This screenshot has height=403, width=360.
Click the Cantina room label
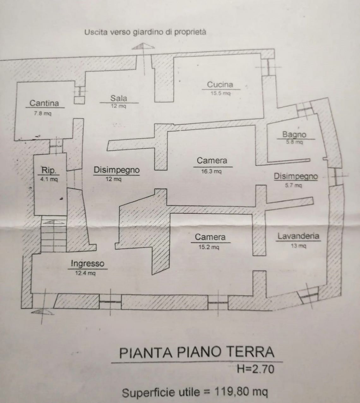(44, 103)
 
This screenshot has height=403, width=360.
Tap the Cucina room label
(220, 84)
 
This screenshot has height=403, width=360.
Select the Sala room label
(119, 98)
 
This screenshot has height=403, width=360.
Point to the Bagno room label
(294, 134)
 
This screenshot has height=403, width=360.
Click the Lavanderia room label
(298, 236)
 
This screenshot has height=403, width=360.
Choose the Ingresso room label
(87, 263)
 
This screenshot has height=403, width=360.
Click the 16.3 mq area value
(211, 171)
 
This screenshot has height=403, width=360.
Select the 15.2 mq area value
(208, 247)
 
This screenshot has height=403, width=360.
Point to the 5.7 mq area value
(293, 186)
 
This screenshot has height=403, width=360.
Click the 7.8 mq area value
(42, 113)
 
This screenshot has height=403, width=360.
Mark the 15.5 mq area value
(221, 94)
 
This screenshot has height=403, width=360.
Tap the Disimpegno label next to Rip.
(117, 170)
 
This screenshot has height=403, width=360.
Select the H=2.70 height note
(255, 369)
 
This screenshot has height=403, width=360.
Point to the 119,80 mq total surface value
(241, 392)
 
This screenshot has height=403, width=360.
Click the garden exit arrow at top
(143, 46)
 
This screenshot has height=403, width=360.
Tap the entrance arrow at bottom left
(43, 312)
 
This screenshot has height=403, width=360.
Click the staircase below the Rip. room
(53, 235)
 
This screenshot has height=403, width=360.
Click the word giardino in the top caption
(146, 32)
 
